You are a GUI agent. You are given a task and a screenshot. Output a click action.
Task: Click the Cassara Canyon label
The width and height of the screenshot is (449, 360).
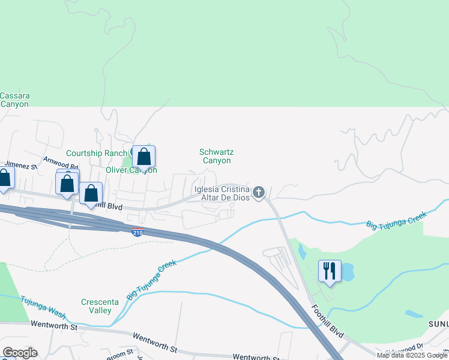click(x=14, y=100)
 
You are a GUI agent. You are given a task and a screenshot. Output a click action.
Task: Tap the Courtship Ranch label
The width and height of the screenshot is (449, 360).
click(x=96, y=153)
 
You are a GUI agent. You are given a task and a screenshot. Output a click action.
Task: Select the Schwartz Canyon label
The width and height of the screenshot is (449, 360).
click(x=216, y=157)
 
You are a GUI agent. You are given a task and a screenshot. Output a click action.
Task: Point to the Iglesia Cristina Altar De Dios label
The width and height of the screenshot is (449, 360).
click(x=221, y=193)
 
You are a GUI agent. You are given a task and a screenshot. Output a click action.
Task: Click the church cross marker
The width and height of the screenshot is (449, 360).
click(x=259, y=193)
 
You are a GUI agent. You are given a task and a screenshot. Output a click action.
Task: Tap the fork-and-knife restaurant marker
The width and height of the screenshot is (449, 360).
click(x=330, y=271)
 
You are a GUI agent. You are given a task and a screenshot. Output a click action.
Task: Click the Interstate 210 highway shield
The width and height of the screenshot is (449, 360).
click(x=137, y=232)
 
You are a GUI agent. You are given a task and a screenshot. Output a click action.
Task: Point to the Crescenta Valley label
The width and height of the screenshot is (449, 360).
click(x=97, y=306)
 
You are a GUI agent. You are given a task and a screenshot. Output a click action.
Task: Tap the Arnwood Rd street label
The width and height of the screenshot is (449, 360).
click(x=61, y=163)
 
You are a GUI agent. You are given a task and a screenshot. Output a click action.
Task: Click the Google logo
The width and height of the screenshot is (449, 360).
click(x=19, y=353)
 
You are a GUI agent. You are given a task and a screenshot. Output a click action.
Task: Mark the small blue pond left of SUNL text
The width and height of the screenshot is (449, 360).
click(x=414, y=314)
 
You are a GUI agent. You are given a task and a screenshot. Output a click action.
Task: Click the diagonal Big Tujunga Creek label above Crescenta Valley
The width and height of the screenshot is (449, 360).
click(x=152, y=280)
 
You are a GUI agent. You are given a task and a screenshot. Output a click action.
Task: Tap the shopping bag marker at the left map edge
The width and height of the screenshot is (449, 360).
click(x=4, y=178)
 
